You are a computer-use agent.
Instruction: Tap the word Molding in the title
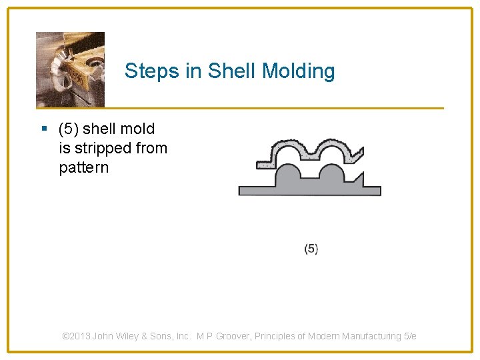[x=299, y=71]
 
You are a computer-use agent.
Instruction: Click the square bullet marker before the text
[x=44, y=129]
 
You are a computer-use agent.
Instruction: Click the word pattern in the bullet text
[x=83, y=167]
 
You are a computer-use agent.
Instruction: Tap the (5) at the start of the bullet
[x=69, y=129]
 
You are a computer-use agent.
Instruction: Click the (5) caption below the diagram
[x=311, y=249]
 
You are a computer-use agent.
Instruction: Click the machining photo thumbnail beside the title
[x=70, y=69]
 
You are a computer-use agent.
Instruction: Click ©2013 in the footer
[x=76, y=336]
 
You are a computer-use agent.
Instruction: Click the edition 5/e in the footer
[x=410, y=336]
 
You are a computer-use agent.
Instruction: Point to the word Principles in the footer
[x=276, y=336]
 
